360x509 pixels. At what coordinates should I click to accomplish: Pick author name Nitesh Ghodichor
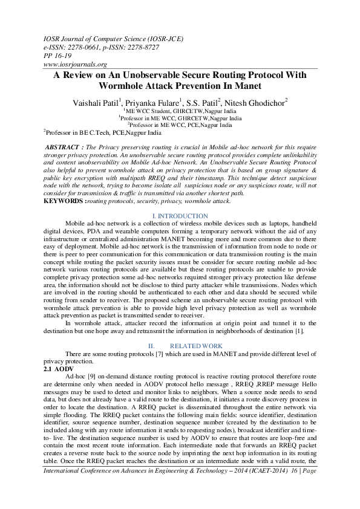point(256,103)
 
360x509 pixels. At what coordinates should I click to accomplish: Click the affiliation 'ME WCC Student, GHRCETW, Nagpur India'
point(180,112)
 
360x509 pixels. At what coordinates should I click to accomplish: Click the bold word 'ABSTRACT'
point(62,147)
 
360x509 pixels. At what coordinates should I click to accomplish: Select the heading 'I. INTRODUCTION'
point(180,216)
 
